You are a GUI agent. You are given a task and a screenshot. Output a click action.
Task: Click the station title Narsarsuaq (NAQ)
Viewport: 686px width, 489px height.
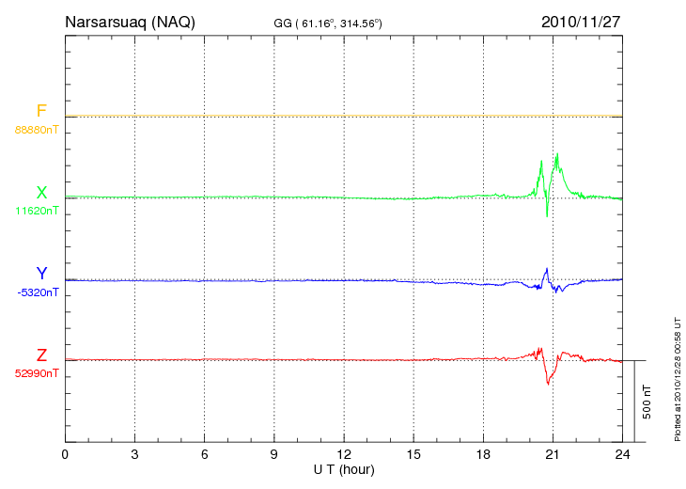pos(130,22)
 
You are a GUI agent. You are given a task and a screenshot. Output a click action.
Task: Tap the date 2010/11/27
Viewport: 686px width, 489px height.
pos(582,22)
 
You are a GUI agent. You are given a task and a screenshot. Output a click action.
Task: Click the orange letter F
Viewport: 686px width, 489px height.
pos(41,112)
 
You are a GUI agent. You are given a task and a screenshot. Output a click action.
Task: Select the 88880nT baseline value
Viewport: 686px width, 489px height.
pos(36,130)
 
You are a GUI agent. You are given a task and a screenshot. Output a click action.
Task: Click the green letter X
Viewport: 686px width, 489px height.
pos(41,193)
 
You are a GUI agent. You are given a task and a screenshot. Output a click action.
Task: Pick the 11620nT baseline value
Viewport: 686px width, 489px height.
pos(36,211)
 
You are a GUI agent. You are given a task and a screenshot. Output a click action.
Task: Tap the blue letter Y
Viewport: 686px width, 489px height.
pos(41,274)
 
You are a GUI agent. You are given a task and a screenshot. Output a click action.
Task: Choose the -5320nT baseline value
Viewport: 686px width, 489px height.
pos(38,292)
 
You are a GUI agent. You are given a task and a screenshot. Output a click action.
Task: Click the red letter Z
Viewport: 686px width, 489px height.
pos(41,355)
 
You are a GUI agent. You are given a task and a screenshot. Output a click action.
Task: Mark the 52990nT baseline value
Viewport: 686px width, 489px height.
pos(36,372)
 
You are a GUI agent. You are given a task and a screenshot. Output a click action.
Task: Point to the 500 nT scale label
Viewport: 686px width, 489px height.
pos(647,402)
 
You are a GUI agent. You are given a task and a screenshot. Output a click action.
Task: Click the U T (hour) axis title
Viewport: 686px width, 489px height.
pos(345,468)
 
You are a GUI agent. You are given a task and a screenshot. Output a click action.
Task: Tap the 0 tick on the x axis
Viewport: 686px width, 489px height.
pos(65,454)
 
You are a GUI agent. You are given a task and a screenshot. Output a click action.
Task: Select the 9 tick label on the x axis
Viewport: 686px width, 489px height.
pos(274,454)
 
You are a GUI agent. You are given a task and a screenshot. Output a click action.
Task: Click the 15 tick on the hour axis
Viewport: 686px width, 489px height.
pos(413,454)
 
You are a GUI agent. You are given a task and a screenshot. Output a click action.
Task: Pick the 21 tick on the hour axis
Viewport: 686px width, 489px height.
pos(553,454)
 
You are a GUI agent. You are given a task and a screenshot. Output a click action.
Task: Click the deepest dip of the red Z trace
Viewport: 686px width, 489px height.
pos(548,384)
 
